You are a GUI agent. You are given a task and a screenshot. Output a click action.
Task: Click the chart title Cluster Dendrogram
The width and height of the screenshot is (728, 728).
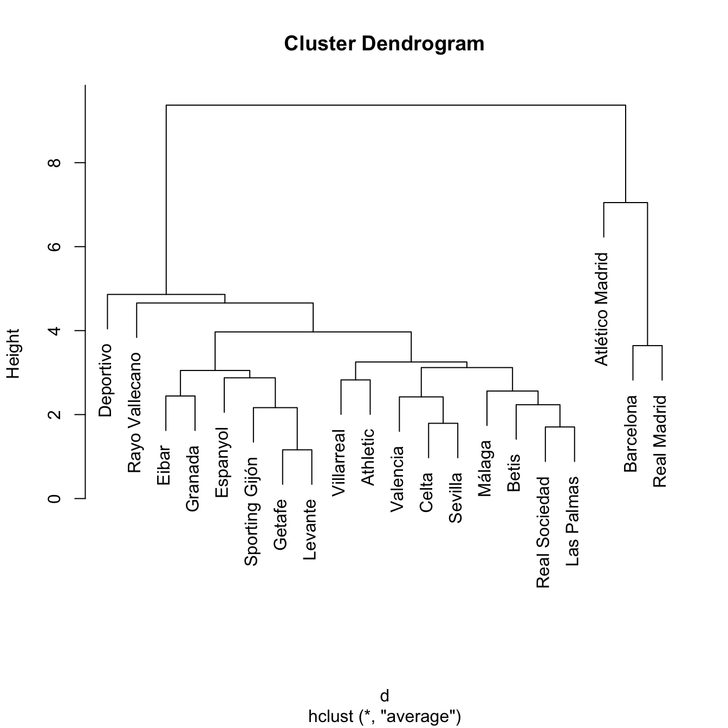coord(384,43)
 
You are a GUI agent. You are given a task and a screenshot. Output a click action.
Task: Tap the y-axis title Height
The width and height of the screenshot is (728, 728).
coord(13,353)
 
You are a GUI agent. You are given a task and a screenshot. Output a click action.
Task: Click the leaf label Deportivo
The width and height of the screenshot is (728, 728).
coord(106,380)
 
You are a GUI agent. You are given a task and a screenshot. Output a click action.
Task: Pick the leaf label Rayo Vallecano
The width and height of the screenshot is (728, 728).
coord(134,413)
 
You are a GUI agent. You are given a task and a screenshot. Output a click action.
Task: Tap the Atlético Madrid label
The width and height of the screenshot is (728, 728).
coord(602,309)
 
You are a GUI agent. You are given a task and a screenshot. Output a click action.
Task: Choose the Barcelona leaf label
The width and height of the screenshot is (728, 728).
coord(630,434)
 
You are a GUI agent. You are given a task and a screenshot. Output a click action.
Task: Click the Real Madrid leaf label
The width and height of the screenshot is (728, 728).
coord(660,441)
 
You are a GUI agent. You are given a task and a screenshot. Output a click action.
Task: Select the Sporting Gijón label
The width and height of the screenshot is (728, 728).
coord(251,511)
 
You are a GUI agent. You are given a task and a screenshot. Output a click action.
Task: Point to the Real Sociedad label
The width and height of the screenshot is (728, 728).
coord(543,532)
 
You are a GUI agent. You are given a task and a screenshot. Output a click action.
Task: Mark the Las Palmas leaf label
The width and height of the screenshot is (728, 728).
coord(573,521)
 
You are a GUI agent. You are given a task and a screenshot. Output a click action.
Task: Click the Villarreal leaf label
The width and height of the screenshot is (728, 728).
coord(339,463)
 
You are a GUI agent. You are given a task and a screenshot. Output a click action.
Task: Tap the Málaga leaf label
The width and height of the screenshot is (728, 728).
coord(485,468)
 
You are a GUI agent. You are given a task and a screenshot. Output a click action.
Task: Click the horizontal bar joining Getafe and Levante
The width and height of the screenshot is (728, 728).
coord(297,450)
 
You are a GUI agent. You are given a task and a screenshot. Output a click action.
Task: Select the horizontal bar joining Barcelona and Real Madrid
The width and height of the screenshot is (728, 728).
coord(647,346)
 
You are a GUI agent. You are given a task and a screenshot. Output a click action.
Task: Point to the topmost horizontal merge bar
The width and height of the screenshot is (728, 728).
coord(395,105)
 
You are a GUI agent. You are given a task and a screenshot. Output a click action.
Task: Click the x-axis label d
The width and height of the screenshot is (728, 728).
coord(384,696)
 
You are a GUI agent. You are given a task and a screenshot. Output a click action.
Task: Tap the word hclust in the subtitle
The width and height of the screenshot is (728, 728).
coord(330,717)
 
